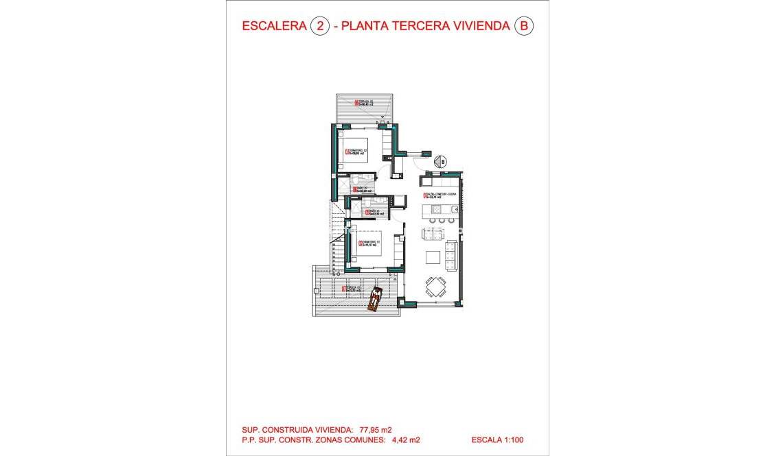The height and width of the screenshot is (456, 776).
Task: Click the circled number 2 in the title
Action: [x=319, y=26]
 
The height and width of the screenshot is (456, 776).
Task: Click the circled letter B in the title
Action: [x=524, y=26]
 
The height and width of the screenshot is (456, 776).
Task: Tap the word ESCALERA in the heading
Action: [x=274, y=26]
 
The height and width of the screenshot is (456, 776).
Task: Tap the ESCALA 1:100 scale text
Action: [x=498, y=440]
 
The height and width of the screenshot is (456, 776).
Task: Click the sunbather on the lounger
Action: [x=376, y=299]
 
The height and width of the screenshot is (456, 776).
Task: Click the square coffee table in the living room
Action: [x=433, y=257]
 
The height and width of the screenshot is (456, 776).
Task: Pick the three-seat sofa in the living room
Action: [x=451, y=254]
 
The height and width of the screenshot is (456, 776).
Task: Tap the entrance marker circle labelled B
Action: [x=442, y=162]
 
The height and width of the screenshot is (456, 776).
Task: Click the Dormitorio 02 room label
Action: [x=357, y=152]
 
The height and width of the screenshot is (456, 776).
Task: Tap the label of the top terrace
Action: [x=364, y=103]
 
